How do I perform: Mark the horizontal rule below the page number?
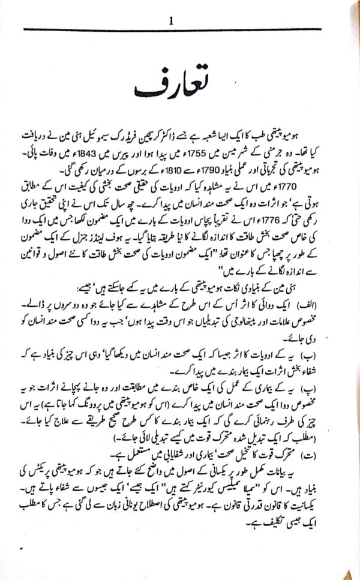coord(180,30)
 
